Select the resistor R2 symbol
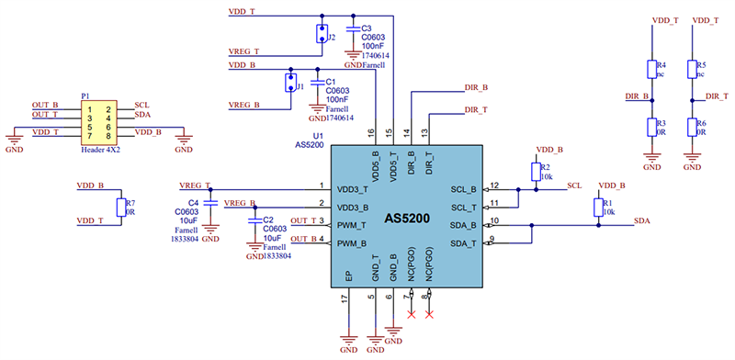coord(534,172)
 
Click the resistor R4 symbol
coord(651,68)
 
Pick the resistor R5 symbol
coord(692,68)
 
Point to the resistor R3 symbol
coord(651,126)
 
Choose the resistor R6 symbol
coord(692,126)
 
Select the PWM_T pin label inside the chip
coord(353,225)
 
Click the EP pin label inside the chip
coord(348,275)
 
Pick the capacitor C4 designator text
coord(194,202)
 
